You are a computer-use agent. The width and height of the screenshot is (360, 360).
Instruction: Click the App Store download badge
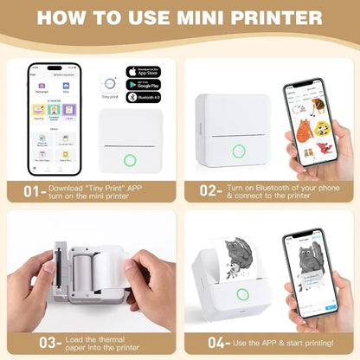(x=144, y=72)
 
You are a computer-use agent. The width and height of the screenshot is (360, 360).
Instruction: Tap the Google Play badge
(x=144, y=87)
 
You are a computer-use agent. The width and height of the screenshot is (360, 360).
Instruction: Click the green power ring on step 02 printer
(x=238, y=151)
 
